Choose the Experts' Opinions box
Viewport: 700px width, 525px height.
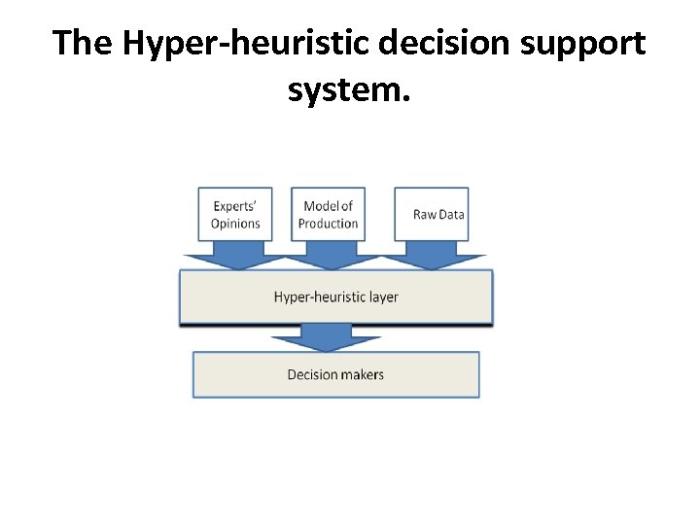[x=235, y=214]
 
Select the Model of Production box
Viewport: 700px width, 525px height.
[x=329, y=214]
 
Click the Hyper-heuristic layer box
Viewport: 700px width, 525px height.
[x=335, y=297]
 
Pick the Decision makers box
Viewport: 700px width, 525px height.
[x=335, y=374]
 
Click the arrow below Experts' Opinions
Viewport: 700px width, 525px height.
[x=235, y=257]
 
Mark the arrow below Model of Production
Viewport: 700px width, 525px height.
[x=329, y=257]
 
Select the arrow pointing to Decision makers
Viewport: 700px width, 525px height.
[x=326, y=337]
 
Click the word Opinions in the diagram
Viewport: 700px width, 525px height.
[x=235, y=224]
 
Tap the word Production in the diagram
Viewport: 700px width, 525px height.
[x=329, y=224]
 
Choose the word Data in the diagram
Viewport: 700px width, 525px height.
[x=451, y=215]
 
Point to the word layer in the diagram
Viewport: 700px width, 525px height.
[x=382, y=297]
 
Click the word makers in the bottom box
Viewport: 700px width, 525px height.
[x=363, y=374]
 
